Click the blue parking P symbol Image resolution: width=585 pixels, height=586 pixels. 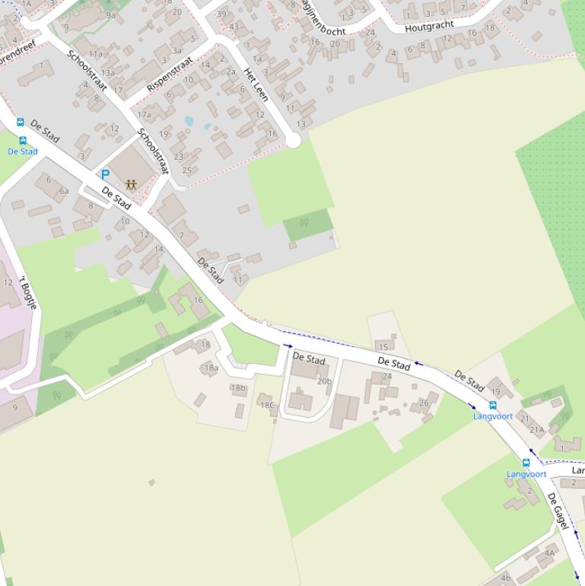click(105, 174)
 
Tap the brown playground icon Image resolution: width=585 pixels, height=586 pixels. click(131, 184)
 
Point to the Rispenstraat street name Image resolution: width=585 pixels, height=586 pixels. click(170, 73)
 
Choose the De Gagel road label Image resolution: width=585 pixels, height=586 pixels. click(558, 511)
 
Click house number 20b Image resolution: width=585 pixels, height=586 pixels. click(325, 381)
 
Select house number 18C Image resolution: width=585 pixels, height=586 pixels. click(267, 405)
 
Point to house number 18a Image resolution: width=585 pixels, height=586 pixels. click(211, 368)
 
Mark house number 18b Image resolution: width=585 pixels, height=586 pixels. click(238, 387)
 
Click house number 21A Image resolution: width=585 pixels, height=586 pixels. click(537, 430)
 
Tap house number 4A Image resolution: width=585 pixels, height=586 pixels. click(550, 553)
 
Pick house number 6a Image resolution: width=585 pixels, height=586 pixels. click(64, 191)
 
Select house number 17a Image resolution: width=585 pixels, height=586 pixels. click(144, 115)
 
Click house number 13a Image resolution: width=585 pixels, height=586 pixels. click(107, 73)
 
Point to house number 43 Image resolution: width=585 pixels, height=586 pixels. click(234, 27)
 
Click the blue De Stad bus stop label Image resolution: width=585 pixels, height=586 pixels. click(23, 151)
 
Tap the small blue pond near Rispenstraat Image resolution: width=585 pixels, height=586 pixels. click(189, 121)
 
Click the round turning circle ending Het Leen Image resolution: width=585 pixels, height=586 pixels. click(293, 141)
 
